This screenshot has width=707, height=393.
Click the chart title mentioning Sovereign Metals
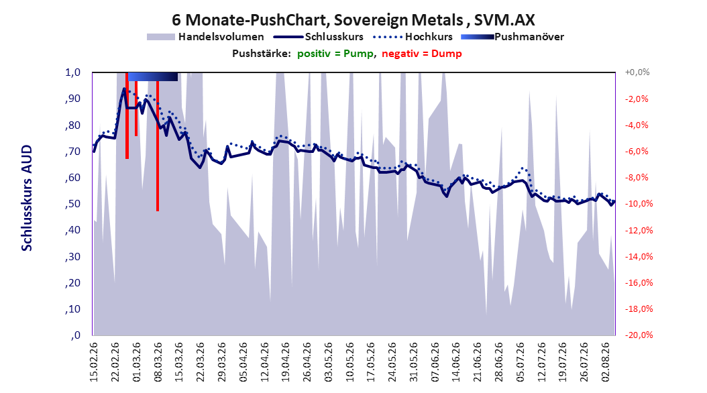[x=353, y=20]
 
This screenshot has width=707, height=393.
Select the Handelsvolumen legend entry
[x=205, y=37]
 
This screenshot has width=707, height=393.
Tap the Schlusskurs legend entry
[x=319, y=37]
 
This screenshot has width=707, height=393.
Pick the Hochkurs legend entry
[x=413, y=37]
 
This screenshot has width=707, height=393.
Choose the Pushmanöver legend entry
[x=512, y=37]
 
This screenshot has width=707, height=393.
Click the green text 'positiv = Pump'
[x=335, y=54]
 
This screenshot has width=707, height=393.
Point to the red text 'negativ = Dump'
[x=422, y=54]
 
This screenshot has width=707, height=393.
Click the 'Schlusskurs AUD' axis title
[x=27, y=198]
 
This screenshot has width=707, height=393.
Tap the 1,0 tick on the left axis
[x=72, y=72]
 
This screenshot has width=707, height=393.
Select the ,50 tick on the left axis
[x=72, y=204]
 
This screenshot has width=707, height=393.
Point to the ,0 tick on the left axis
[x=75, y=335]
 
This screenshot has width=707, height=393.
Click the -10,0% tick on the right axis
[x=636, y=204]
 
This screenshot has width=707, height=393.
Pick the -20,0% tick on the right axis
[x=636, y=335]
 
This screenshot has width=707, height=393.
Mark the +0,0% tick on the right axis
[x=637, y=72]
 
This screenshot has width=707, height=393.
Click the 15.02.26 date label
[x=94, y=362]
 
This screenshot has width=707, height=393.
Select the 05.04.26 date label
[x=243, y=362]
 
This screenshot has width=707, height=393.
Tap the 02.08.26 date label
[x=605, y=362]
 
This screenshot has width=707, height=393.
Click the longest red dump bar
[x=158, y=146]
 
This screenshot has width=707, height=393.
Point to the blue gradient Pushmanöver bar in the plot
[x=153, y=76]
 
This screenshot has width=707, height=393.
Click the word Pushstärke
[x=261, y=54]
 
